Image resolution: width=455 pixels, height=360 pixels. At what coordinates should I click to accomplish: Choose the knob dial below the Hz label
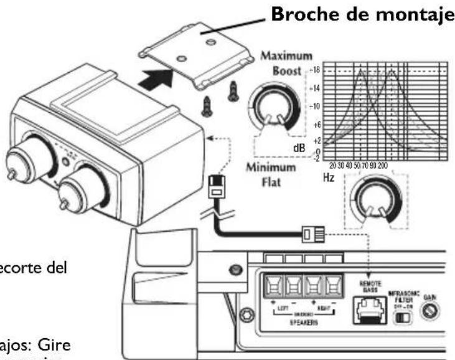[x=373, y=206]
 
